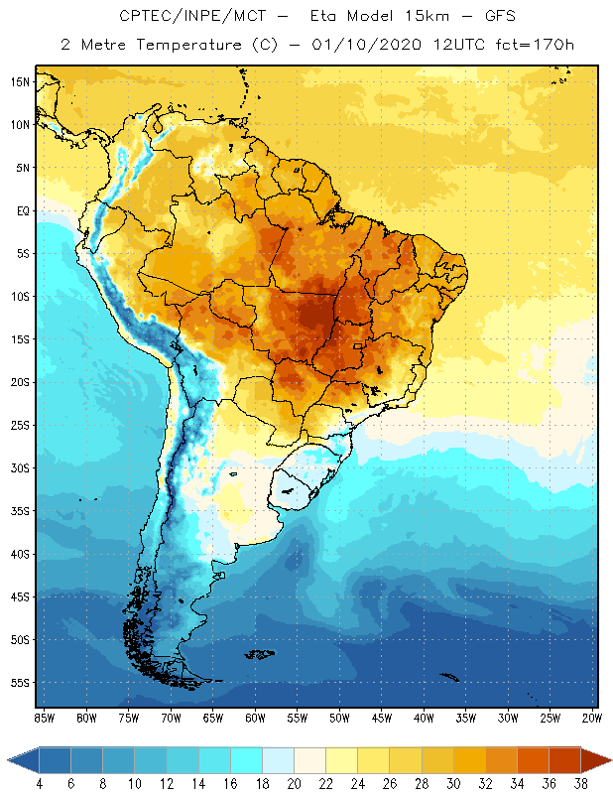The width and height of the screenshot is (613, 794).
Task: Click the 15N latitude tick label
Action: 20,81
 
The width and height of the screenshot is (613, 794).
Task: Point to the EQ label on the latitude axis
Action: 21,210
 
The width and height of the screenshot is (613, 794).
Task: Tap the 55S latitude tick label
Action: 20,683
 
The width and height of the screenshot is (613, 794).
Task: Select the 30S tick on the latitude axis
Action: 20,468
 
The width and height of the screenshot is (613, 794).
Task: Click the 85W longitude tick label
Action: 44,718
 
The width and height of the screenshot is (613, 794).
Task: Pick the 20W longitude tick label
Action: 591,718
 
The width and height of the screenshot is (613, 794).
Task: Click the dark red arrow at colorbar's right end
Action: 596,759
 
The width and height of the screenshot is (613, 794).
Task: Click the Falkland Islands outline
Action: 260,653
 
